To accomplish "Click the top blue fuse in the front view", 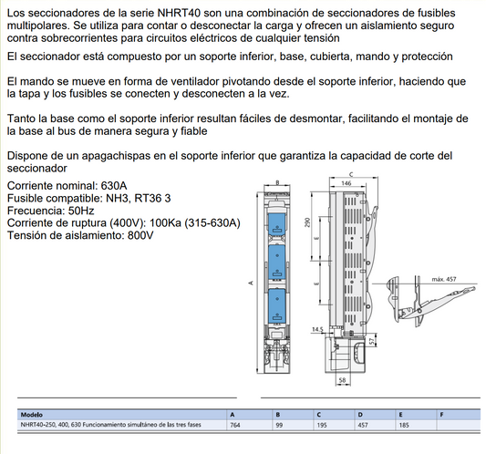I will point(277,222).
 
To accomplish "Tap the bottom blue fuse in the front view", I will point(277,304).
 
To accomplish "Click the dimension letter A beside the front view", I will point(251,283).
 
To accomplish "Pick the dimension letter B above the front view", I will point(277,182).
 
